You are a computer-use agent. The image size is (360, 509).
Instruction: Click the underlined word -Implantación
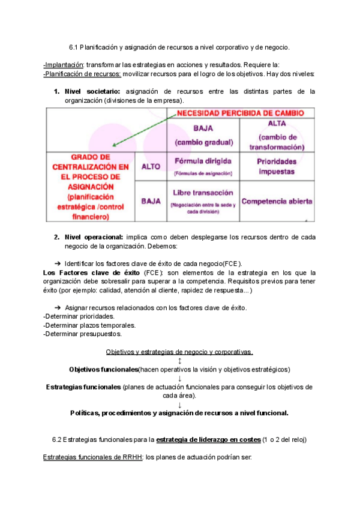point(63,65)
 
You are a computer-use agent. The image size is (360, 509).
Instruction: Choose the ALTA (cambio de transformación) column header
point(276,135)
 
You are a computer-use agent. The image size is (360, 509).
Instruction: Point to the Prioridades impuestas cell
point(276,166)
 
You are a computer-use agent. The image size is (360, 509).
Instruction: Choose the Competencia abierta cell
point(276,201)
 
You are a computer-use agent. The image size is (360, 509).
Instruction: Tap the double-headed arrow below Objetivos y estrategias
point(179,360)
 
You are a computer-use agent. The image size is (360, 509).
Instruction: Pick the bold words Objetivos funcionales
point(103,369)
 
